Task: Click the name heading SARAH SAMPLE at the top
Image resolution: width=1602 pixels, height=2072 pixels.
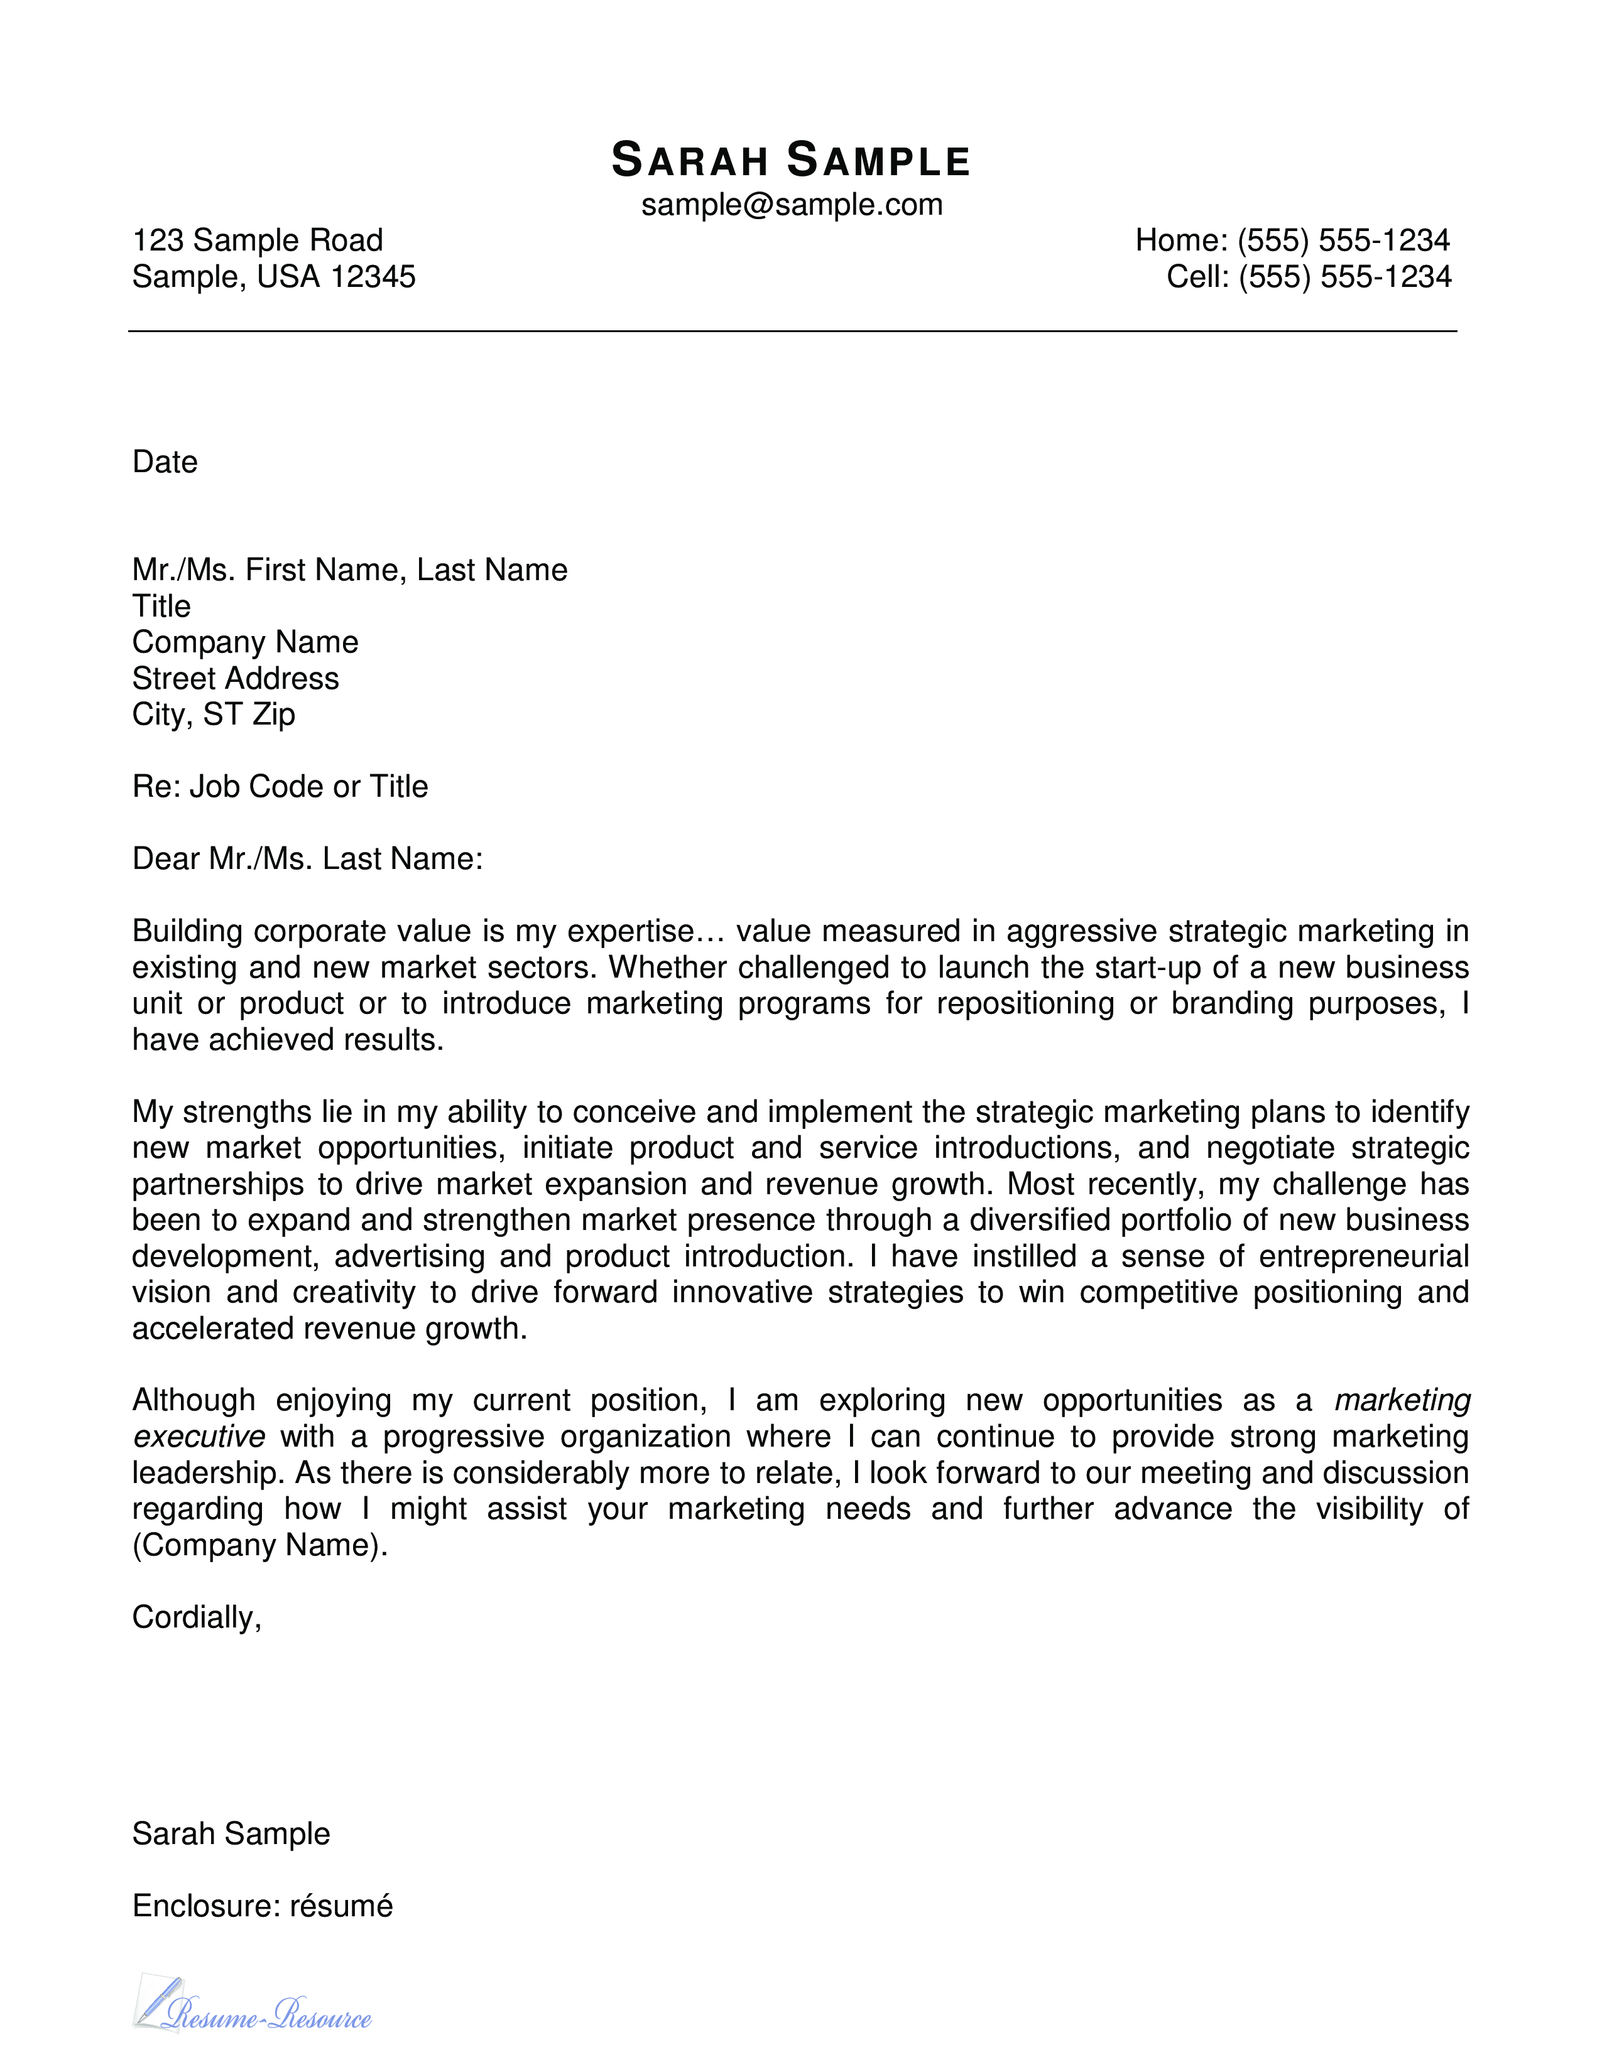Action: click(x=790, y=160)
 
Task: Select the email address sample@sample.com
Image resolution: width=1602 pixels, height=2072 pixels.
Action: click(x=792, y=205)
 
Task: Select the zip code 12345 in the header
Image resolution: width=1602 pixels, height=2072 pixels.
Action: click(x=373, y=277)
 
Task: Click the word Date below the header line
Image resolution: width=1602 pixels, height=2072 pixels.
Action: click(x=165, y=462)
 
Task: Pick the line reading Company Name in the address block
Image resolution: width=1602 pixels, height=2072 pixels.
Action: click(x=245, y=642)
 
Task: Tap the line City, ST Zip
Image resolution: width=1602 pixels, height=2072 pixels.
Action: click(x=214, y=715)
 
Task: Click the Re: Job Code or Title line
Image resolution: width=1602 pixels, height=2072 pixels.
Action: click(x=280, y=787)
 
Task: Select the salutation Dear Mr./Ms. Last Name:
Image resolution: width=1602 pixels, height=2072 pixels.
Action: click(x=307, y=858)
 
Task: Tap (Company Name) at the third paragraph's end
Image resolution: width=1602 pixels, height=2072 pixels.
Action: click(x=260, y=1545)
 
